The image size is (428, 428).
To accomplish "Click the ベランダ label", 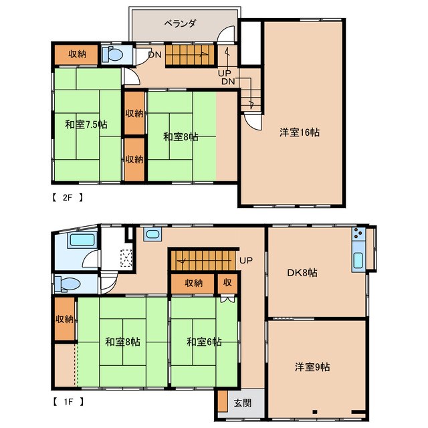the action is [x=180, y=24].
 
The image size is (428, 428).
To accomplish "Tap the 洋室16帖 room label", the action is [x=300, y=132].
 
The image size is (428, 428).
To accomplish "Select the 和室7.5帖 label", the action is [x=86, y=125].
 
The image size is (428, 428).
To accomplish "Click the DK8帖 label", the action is [x=302, y=273].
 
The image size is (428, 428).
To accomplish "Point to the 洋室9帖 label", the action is [x=312, y=367].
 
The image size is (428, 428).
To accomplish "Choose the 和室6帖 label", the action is [x=204, y=342].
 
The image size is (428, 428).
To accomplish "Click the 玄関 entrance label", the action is [x=242, y=403].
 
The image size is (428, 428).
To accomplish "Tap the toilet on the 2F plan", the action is [x=112, y=54].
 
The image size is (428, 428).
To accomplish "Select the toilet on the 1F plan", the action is [x=67, y=284].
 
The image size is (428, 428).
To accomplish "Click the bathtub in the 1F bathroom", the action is [x=82, y=240].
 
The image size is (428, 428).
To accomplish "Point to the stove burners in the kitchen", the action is [x=358, y=233].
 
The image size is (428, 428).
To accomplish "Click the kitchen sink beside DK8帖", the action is [x=358, y=260].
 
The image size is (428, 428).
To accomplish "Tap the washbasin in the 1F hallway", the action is [x=152, y=235].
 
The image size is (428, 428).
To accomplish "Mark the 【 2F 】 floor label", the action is [x=67, y=197].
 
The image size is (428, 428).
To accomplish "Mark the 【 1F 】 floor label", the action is [x=68, y=402].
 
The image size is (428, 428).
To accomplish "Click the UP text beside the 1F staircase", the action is [x=246, y=260].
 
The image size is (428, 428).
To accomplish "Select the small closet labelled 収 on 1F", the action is [x=227, y=284].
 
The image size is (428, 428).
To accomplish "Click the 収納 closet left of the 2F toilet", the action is [x=76, y=54].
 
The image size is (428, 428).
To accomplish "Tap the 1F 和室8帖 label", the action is [x=122, y=342].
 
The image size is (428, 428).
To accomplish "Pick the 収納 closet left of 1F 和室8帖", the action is [x=64, y=319].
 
